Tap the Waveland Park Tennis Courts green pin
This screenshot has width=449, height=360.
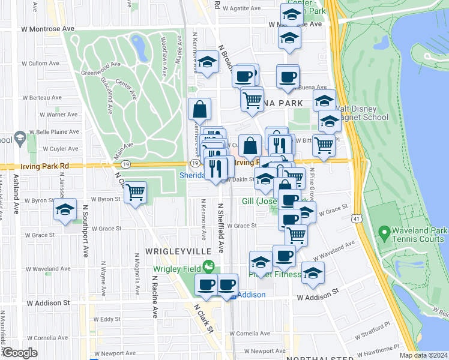coord(384,232)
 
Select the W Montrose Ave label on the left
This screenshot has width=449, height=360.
coord(47,28)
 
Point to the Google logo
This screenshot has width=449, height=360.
coord(20,353)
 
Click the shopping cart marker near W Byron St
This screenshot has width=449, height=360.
coord(136,193)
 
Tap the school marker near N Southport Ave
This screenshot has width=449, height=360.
coord(65,210)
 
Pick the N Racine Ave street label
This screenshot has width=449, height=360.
coord(154,297)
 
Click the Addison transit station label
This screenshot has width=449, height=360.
coord(252,295)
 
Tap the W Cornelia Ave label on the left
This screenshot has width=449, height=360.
coord(34,337)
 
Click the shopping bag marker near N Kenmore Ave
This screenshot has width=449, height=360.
coord(199,110)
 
